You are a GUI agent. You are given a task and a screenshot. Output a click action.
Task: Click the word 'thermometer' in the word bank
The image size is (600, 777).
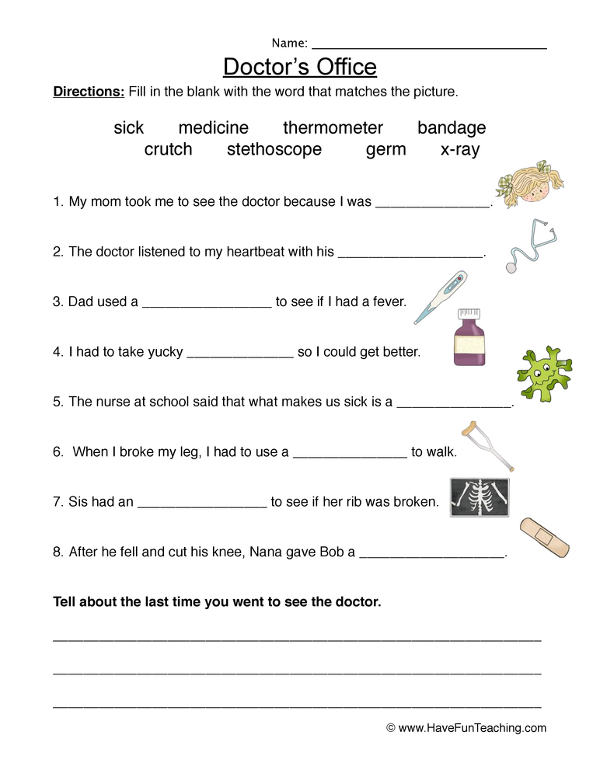(x=333, y=128)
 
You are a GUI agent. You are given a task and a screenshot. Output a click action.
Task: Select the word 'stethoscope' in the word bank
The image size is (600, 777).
(x=274, y=150)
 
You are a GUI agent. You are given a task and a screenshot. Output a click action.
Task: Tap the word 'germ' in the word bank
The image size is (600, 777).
(x=385, y=150)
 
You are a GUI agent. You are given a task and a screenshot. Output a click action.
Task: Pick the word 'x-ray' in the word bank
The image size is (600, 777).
(x=459, y=150)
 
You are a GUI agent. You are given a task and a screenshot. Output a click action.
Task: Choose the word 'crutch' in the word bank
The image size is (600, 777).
(x=168, y=150)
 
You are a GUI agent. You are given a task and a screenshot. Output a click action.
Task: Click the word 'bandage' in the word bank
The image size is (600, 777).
(x=452, y=128)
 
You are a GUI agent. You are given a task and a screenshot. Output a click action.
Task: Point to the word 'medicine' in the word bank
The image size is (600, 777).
(x=214, y=128)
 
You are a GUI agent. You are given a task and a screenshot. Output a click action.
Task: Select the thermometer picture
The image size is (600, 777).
(x=439, y=297)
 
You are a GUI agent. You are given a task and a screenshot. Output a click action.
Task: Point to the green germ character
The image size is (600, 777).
(x=544, y=375)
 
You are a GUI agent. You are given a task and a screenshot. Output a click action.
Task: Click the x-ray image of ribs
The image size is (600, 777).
(x=480, y=497)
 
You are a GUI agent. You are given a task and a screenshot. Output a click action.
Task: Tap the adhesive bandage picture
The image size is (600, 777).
(x=544, y=537)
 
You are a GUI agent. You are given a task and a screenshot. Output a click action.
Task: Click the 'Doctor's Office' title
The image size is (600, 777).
(x=300, y=67)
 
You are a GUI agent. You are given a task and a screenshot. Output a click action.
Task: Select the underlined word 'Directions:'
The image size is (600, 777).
(x=89, y=92)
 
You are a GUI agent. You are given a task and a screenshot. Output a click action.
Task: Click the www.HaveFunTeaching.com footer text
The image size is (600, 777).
(x=466, y=728)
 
